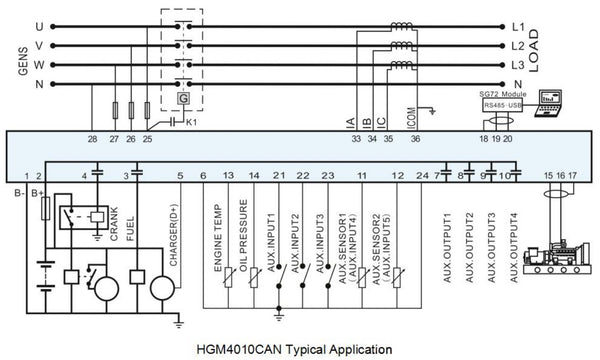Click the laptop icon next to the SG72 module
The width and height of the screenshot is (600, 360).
pyautogui.click(x=551, y=100)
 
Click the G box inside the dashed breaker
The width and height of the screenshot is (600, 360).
pyautogui.click(x=184, y=97)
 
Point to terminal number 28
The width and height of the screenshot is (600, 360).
pyautogui.click(x=92, y=140)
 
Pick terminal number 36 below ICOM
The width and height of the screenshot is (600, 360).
pyautogui.click(x=415, y=140)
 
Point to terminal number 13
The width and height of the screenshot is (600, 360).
pyautogui.click(x=229, y=177)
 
